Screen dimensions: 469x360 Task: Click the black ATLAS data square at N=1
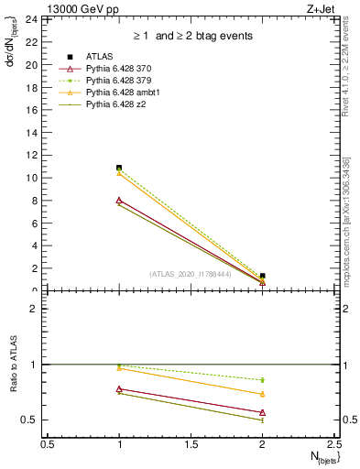119,168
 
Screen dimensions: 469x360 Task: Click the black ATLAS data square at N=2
263,276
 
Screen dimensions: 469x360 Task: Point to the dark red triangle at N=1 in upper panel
119,200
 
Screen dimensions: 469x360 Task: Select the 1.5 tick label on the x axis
191,443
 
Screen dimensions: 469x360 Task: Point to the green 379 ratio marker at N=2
263,379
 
